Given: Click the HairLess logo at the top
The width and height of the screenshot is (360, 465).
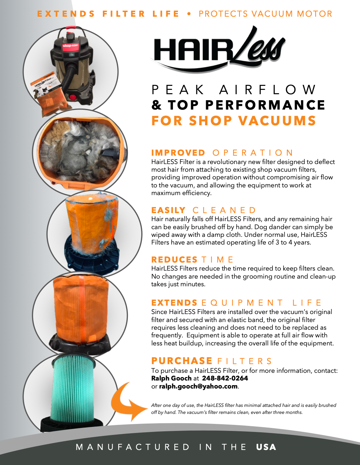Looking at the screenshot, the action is coord(218,49).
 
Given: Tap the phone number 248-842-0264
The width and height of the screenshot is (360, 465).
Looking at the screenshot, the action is coord(225,378).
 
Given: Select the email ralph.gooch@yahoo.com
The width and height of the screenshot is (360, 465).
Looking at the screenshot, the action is coord(198,386).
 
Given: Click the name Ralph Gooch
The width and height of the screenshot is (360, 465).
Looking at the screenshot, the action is coord(171,378).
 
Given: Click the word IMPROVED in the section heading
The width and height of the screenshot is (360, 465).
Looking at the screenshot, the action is coord(178,153).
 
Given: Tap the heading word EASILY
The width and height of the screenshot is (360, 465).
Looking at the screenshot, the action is coord(168,210).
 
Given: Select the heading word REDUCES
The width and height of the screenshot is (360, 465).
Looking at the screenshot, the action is coord(174,260).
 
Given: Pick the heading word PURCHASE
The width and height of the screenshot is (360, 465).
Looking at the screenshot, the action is coord(182,361).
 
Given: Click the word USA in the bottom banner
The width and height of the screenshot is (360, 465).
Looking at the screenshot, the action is coord(266,447).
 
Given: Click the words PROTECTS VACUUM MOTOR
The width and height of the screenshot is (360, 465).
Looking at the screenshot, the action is coord(265,14).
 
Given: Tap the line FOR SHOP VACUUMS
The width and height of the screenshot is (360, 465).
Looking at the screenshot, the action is coord(233,121).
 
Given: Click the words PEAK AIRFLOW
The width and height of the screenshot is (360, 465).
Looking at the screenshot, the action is coord(233,90).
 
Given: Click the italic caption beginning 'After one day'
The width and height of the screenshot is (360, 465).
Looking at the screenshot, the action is coord(244,409).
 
